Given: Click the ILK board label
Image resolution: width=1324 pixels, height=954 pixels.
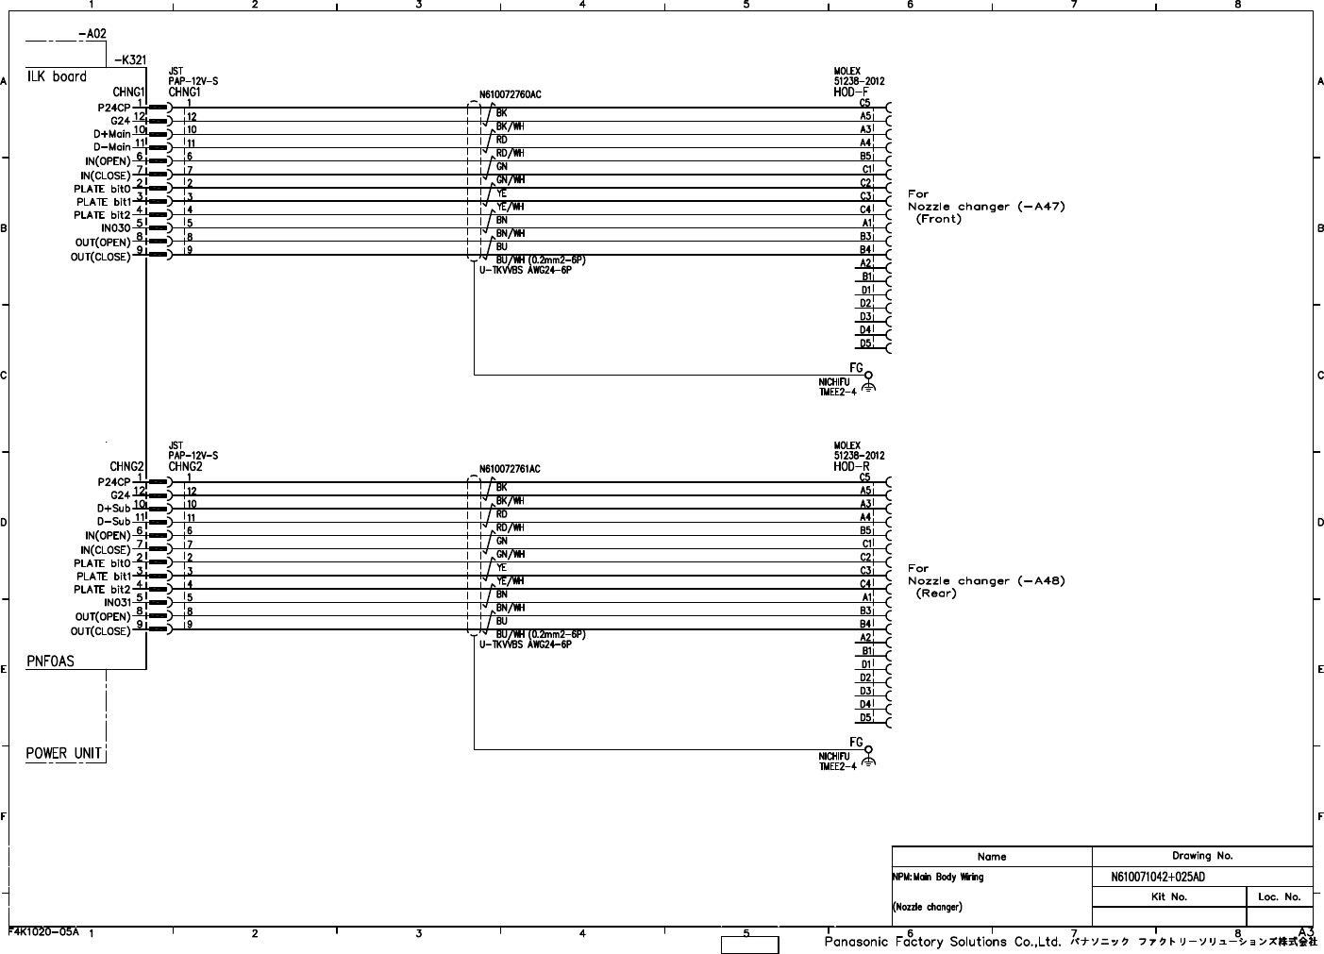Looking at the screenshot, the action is point(57,76).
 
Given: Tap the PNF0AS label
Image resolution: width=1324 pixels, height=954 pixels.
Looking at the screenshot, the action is point(50,661).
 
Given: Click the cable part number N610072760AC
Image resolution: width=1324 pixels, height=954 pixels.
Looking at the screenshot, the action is point(510,94).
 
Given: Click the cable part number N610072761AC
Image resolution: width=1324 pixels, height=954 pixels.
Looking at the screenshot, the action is point(510,469).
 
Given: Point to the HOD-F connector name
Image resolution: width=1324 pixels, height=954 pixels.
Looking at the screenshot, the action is point(851,92).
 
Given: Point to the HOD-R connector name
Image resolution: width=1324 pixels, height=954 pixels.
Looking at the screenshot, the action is point(851,467).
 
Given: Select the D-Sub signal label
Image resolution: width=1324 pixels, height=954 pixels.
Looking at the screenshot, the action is point(113,522).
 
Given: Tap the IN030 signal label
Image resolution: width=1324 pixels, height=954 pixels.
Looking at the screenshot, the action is point(116,228).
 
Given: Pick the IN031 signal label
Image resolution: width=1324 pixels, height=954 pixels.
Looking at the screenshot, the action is point(116,603).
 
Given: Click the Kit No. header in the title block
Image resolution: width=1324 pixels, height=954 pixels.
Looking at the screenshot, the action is point(1169,896).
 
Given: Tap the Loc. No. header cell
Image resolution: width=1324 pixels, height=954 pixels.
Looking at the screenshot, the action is point(1280,896).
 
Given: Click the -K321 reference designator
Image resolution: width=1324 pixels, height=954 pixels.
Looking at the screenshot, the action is point(129,59).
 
